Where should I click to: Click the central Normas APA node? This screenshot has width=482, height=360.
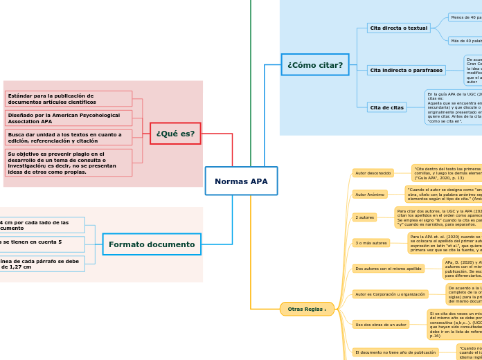coord(241,181)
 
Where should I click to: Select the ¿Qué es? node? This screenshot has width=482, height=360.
coord(175,134)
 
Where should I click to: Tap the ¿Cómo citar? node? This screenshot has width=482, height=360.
coord(315,65)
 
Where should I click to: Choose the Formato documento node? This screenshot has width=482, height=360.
coord(152,244)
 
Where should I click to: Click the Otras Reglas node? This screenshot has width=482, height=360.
coord(307,309)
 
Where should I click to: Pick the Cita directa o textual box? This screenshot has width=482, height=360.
coord(398,28)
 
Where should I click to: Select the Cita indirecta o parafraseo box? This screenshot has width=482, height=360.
coord(406,70)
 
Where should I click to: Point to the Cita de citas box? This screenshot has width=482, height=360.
coord(386,107)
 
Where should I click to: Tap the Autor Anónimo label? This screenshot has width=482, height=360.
coord(370,195)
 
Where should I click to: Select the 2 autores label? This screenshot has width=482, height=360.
coord(364,217)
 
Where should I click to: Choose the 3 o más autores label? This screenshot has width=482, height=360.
coord(371,243)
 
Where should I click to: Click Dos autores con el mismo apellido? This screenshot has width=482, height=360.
coord(388,268)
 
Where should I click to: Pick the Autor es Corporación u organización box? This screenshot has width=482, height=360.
coord(390,294)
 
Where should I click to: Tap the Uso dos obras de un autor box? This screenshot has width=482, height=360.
coord(380,324)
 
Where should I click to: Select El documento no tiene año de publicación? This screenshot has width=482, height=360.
coord(395,352)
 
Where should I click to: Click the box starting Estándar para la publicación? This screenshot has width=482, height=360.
coord(68,99)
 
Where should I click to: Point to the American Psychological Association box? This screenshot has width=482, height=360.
coord(68,118)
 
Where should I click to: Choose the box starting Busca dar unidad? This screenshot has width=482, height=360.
coord(68,138)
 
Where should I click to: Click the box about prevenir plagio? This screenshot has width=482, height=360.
coord(68,163)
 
